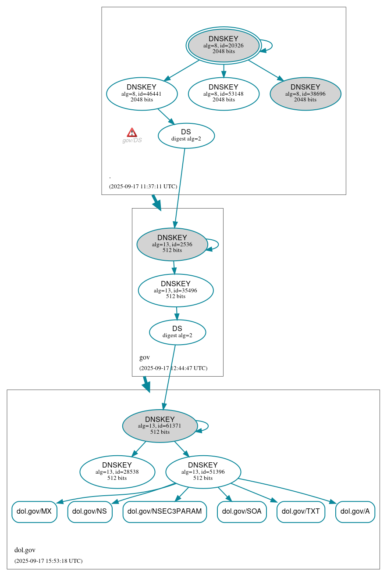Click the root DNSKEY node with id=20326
point(224,45)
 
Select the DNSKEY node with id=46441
point(142,94)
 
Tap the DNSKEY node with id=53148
point(224,94)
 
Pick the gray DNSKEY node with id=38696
point(305,94)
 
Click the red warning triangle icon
point(132,133)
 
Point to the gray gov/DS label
point(132,140)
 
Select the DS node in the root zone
point(186,136)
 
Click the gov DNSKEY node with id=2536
point(172,244)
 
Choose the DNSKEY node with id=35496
point(175,290)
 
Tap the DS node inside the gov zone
point(177,332)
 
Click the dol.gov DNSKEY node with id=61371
point(160,426)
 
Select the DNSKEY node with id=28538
point(117,472)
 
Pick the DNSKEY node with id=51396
point(203,472)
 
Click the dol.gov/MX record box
point(34,511)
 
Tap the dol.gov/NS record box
point(90,511)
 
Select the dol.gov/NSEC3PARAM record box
point(164,511)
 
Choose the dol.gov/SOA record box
point(241,511)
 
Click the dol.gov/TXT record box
point(301,511)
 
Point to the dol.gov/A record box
point(355,511)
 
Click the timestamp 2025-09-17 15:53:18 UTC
point(48,561)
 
